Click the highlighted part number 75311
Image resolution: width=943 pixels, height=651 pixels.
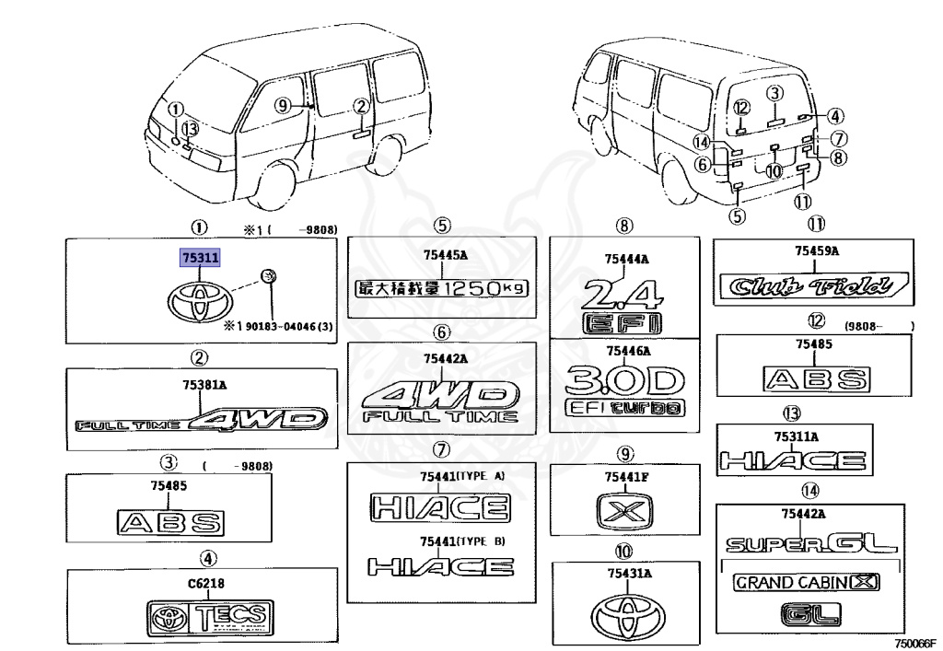[x=200, y=260]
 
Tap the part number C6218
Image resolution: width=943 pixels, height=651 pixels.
[x=206, y=583]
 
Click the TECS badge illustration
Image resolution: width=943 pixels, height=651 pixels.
[x=209, y=617]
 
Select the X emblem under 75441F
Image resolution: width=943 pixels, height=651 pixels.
[x=626, y=510]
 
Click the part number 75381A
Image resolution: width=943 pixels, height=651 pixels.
[x=201, y=389]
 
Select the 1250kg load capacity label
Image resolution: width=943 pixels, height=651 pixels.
[x=442, y=288]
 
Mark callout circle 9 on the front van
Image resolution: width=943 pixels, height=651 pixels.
[x=282, y=105]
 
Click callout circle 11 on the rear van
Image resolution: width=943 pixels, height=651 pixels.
[x=803, y=202]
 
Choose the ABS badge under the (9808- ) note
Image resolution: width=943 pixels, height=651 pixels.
[x=816, y=378]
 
